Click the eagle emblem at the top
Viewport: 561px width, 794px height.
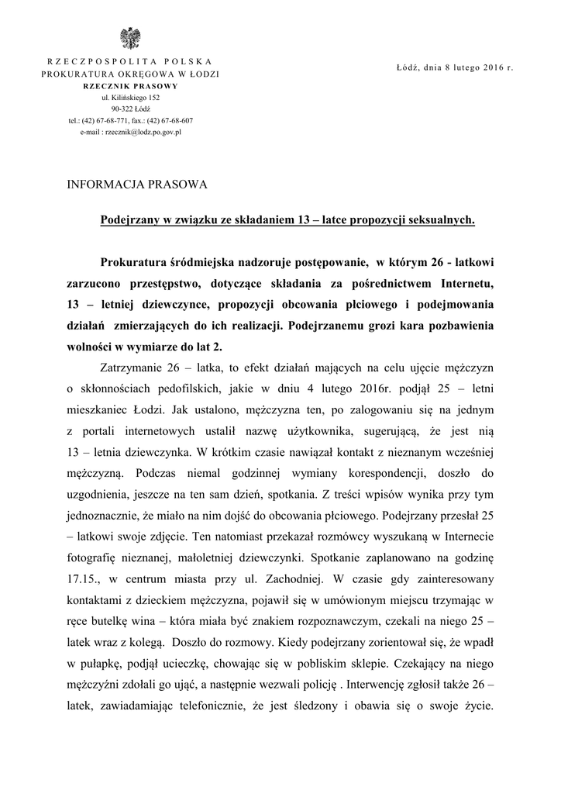[x=129, y=38]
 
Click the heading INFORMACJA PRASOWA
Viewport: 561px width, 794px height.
[x=137, y=185]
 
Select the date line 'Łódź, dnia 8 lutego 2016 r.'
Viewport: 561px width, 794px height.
[x=455, y=68]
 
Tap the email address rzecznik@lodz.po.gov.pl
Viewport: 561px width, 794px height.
[x=130, y=133]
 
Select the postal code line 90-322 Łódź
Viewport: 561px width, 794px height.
[x=130, y=109]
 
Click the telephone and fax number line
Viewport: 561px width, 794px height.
[x=130, y=121]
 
